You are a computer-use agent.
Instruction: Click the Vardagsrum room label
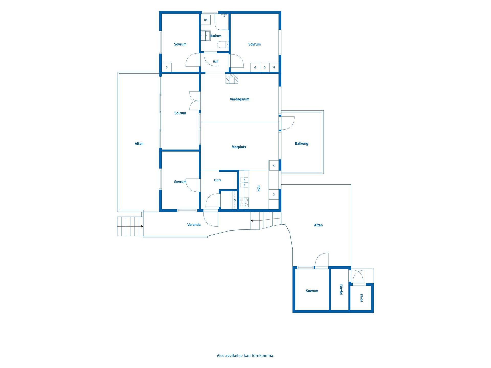[x=239, y=99]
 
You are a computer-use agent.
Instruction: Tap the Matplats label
[x=239, y=147]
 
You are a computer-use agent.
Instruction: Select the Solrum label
[x=180, y=113]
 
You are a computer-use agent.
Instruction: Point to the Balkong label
[x=302, y=144]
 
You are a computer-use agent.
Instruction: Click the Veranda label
[x=194, y=225]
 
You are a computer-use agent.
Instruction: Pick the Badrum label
[x=216, y=36]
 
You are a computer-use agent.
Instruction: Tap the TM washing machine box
[x=206, y=20]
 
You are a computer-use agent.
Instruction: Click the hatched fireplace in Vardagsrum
[x=232, y=78]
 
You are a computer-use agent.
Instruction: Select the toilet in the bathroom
[x=223, y=45]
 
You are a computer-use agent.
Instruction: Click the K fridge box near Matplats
[x=274, y=165]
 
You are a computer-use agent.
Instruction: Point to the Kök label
[x=259, y=188]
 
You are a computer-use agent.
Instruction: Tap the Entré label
[x=217, y=180]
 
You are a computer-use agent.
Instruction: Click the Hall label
[x=216, y=62]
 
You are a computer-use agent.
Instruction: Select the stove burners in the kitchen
[x=244, y=203]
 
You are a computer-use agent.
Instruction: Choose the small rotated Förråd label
[x=361, y=298]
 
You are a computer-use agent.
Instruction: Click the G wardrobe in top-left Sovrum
[x=166, y=67]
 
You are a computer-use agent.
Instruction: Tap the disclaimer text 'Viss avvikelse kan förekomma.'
[x=245, y=355]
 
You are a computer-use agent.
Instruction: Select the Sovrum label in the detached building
[x=312, y=291]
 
